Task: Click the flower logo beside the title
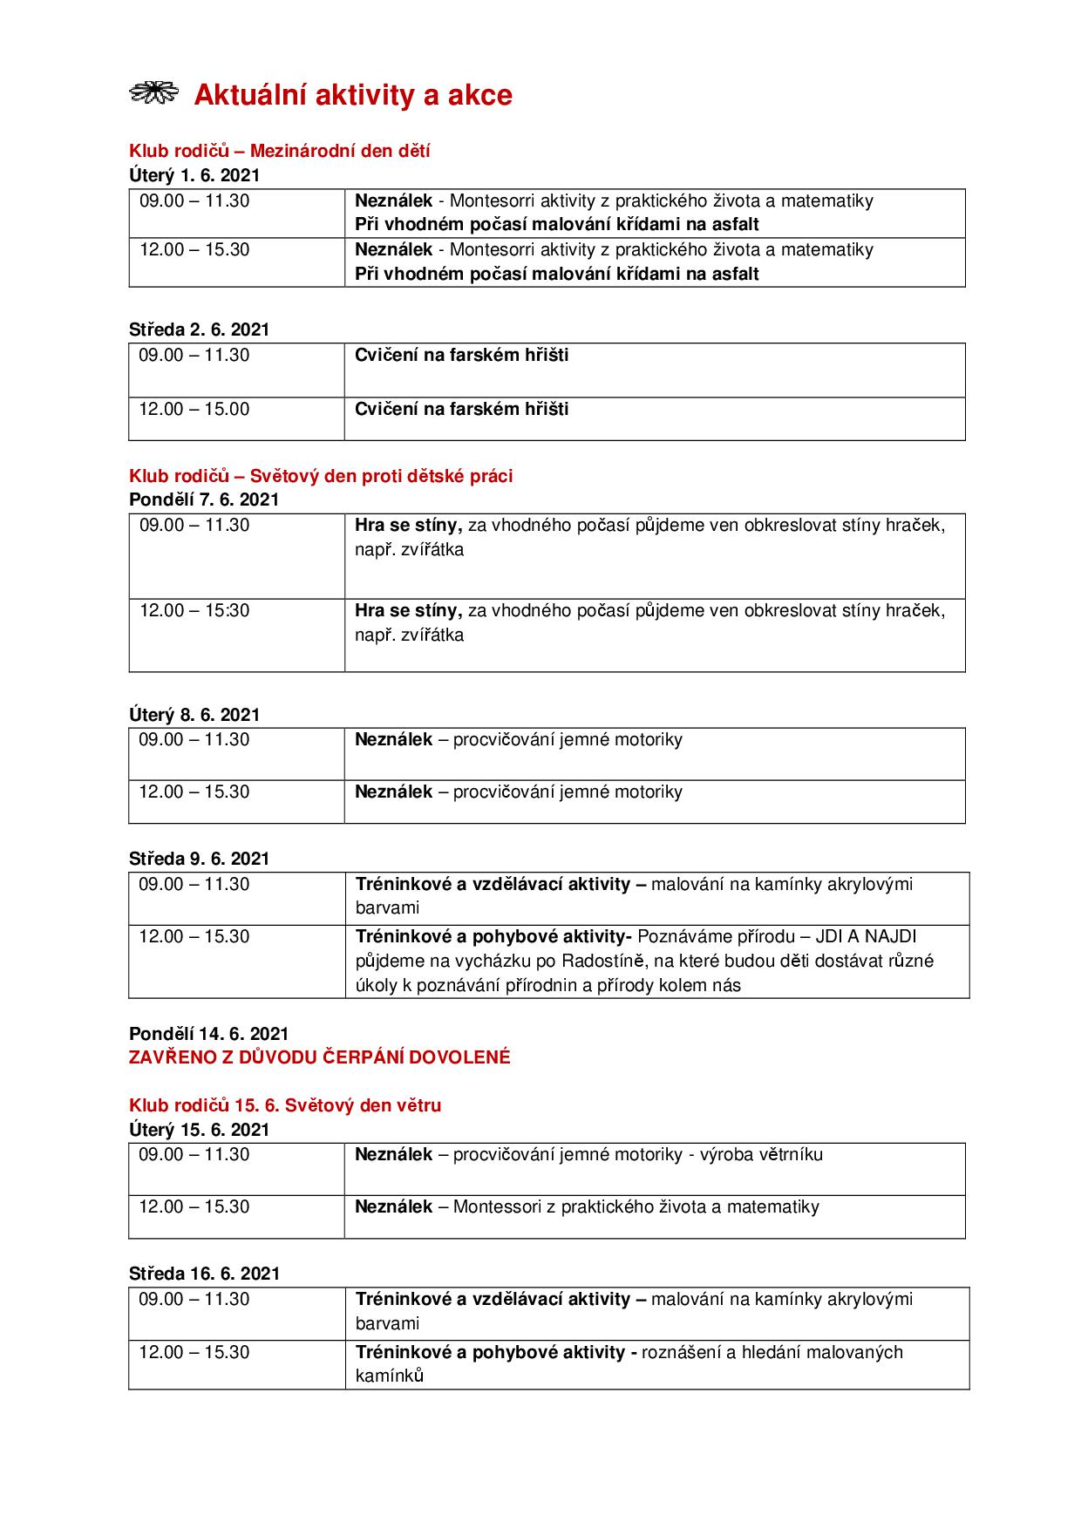pos(153,93)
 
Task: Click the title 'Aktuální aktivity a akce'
pos(352,95)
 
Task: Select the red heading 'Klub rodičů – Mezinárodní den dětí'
pos(279,151)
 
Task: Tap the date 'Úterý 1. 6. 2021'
pos(194,175)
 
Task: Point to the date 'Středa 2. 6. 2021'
pos(199,330)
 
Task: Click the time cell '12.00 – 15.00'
pos(194,409)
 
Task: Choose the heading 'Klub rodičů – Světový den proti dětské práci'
pos(321,476)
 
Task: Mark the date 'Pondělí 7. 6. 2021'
pos(204,499)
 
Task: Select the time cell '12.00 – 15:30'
pos(194,610)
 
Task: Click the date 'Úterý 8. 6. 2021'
pos(194,715)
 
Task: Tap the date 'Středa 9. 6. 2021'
pos(199,859)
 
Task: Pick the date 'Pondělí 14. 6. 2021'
pos(208,1034)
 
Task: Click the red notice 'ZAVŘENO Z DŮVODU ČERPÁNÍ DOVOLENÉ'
pos(319,1057)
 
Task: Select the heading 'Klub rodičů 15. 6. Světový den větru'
pos(285,1105)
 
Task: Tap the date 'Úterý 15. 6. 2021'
pos(200,1130)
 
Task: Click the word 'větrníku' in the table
pos(789,1154)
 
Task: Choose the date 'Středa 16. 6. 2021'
pos(204,1274)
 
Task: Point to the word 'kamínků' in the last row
pos(389,1376)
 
